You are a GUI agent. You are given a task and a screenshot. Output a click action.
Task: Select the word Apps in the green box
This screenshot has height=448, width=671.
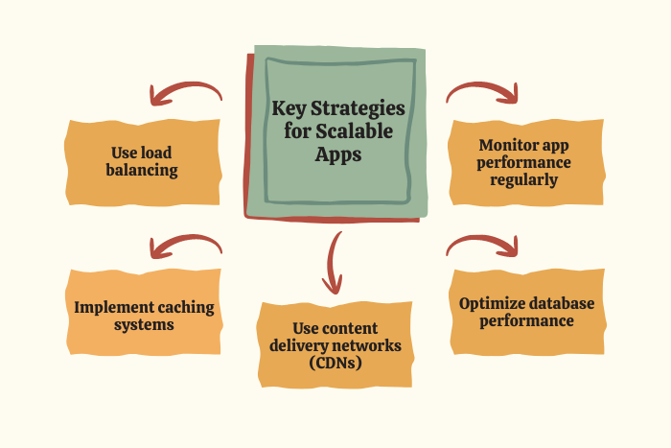click(338, 153)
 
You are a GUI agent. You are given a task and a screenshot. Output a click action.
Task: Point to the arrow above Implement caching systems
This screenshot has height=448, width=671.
click(185, 247)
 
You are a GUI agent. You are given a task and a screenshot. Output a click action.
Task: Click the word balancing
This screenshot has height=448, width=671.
click(143, 171)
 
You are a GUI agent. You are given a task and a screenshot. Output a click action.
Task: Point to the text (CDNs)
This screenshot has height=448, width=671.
click(335, 362)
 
